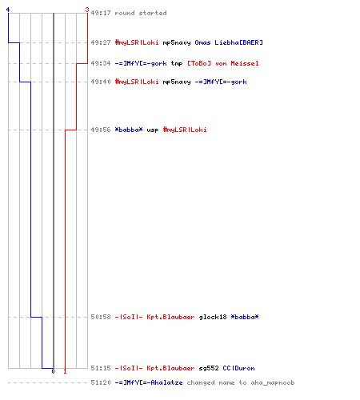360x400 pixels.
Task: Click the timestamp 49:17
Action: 101,13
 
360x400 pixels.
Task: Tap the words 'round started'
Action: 141,13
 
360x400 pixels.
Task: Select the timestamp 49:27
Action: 101,42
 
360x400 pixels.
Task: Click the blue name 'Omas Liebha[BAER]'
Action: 229,42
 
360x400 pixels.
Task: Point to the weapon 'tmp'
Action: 177,63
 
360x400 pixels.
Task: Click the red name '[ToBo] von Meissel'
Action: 223,63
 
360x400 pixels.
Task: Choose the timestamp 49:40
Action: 101,82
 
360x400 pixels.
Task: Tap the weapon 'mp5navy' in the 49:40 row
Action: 177,82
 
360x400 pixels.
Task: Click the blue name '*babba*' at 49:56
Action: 129,130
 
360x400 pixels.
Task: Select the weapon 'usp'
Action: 153,130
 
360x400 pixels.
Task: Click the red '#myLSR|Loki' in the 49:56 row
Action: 185,130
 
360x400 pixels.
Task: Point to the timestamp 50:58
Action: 101,317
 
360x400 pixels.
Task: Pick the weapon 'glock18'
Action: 213,317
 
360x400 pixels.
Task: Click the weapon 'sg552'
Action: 209,368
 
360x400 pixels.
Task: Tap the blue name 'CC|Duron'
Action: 238,368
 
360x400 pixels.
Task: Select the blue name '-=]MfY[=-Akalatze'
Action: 149,382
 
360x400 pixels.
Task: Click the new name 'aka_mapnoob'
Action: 273,382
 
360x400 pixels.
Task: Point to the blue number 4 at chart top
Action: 8,10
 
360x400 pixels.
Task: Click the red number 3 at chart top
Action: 87,10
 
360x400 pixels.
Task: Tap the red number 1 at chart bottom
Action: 65,371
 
